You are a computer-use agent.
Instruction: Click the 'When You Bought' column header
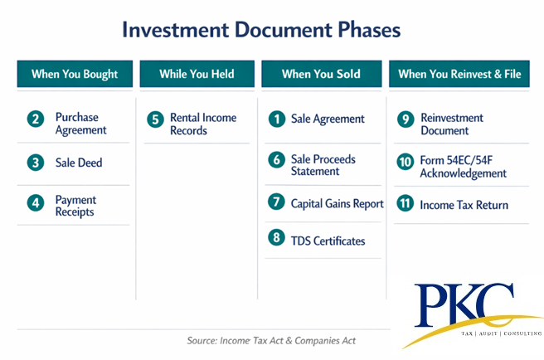tap(75, 74)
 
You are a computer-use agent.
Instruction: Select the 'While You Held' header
tap(197, 74)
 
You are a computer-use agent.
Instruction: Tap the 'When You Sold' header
tap(322, 74)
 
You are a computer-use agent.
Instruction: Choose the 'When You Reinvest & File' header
tap(459, 74)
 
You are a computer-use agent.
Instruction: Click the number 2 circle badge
tap(36, 119)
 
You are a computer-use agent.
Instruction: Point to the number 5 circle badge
tap(155, 119)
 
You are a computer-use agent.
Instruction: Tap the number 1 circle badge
tap(277, 119)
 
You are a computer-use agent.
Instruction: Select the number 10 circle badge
tap(406, 162)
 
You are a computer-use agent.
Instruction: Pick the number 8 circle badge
tap(276, 237)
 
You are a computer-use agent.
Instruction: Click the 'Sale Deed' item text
tap(79, 163)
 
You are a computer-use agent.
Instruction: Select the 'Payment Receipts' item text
tap(75, 206)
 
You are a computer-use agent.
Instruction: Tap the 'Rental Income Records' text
tap(203, 124)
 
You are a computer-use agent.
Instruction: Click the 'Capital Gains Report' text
tap(337, 204)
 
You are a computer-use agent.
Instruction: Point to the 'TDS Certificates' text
tap(328, 241)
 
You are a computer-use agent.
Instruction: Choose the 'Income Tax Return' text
tap(464, 205)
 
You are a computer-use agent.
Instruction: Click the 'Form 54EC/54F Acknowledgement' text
tap(464, 167)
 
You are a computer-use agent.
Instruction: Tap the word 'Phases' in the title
tap(369, 30)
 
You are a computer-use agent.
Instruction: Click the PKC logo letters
tap(464, 305)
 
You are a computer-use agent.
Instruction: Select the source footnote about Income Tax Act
tap(271, 341)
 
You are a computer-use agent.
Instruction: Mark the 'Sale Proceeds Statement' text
tap(323, 165)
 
